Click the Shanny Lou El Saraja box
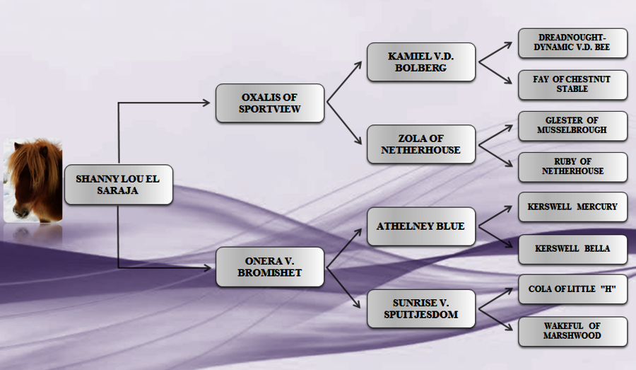pos(118,185)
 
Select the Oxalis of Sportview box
pos(269,103)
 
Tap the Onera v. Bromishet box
pos(269,267)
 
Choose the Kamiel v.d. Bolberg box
pos(421,62)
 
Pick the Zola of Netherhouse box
pos(421,144)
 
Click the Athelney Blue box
pos(421,226)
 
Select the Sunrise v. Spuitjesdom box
pos(421,308)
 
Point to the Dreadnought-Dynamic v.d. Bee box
pos(572,43)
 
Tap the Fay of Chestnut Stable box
pos(572,84)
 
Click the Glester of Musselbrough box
pos(572,126)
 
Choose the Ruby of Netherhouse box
pos(572,167)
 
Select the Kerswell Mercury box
pos(572,207)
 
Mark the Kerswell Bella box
pos(572,249)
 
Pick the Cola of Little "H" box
pos(572,289)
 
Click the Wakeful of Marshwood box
pos(572,331)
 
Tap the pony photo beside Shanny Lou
pos(33,180)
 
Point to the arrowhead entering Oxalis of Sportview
pos(206,103)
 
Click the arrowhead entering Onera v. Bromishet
pos(206,267)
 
